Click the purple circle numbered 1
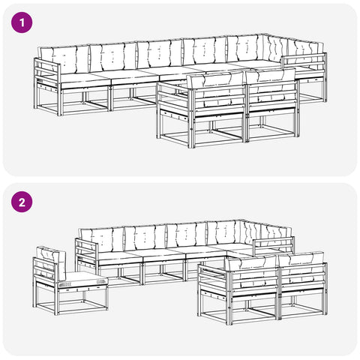(x=22, y=22)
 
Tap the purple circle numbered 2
(x=22, y=202)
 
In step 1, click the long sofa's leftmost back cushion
(x=64, y=60)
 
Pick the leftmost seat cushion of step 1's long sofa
(x=85, y=79)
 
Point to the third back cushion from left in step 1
(x=160, y=55)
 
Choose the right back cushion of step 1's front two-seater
(x=271, y=84)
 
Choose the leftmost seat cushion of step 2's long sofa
(x=121, y=257)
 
